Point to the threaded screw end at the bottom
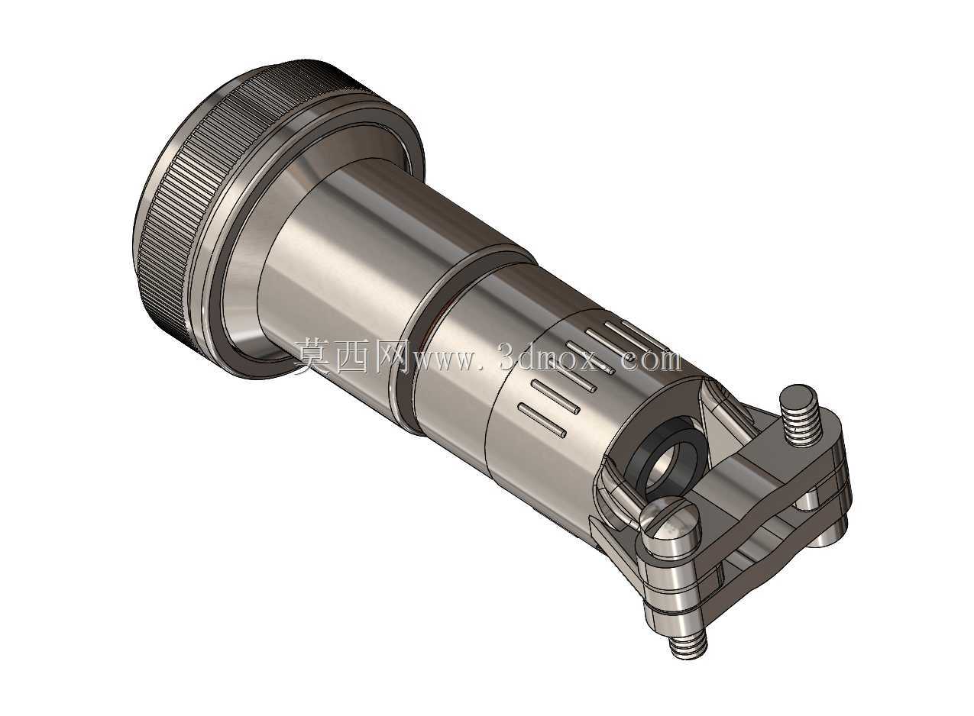click(x=689, y=648)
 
